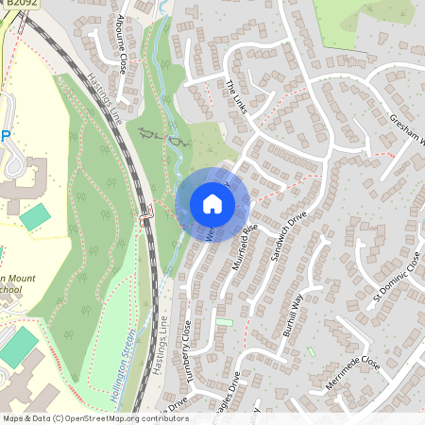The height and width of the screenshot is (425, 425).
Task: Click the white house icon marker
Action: click(212, 204)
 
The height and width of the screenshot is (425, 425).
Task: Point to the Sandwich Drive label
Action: click(287, 235)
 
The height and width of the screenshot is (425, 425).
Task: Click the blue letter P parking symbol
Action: click(5, 135)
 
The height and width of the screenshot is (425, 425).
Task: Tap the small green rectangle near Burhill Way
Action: click(311, 352)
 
